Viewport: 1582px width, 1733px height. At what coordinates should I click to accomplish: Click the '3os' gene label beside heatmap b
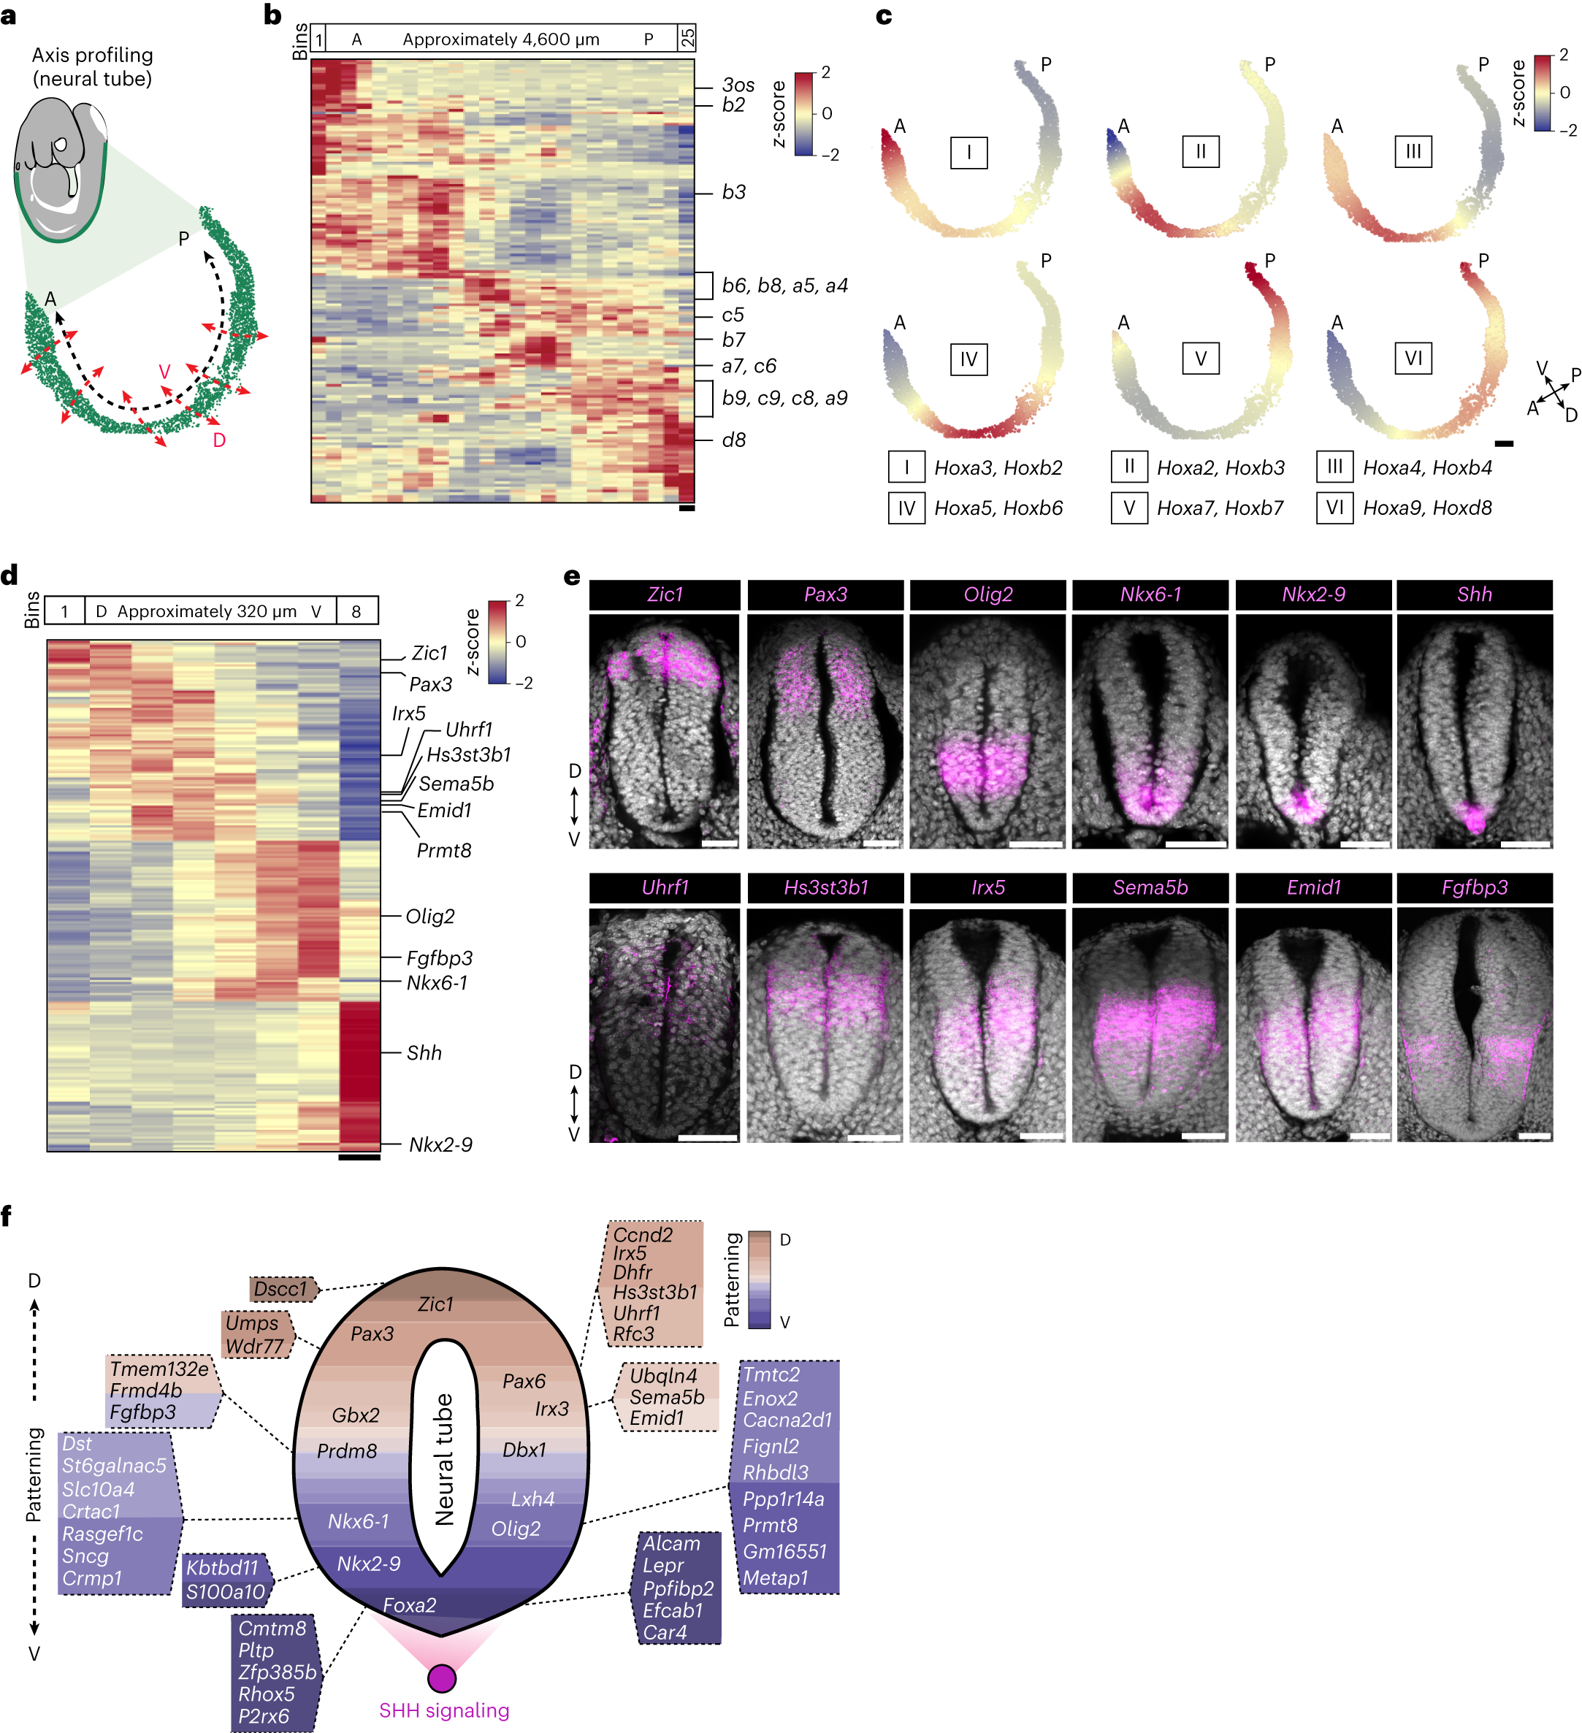click(x=738, y=85)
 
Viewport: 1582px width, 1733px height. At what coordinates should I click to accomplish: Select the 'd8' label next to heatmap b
click(x=733, y=440)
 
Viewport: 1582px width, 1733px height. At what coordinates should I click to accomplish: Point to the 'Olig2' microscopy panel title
click(x=988, y=594)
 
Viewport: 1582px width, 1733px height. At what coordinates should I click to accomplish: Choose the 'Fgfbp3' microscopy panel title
click(x=1474, y=887)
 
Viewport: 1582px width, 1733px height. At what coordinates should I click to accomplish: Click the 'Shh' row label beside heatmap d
click(x=424, y=1053)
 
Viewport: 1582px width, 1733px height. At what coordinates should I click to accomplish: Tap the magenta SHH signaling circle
click(x=442, y=1678)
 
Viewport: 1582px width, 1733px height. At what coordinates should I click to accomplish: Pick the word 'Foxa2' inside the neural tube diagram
click(x=409, y=1605)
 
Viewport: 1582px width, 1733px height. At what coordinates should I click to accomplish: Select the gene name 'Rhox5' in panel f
click(x=267, y=1694)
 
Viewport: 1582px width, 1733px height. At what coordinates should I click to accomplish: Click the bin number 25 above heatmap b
click(x=687, y=38)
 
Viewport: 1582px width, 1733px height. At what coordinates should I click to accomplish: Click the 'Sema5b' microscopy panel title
click(x=1150, y=887)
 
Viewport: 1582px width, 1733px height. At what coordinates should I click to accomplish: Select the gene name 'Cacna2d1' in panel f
click(x=787, y=1420)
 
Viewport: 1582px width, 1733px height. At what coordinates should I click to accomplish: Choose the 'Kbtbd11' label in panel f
click(x=222, y=1567)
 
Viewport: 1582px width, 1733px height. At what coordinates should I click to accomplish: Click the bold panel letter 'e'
click(x=572, y=576)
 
